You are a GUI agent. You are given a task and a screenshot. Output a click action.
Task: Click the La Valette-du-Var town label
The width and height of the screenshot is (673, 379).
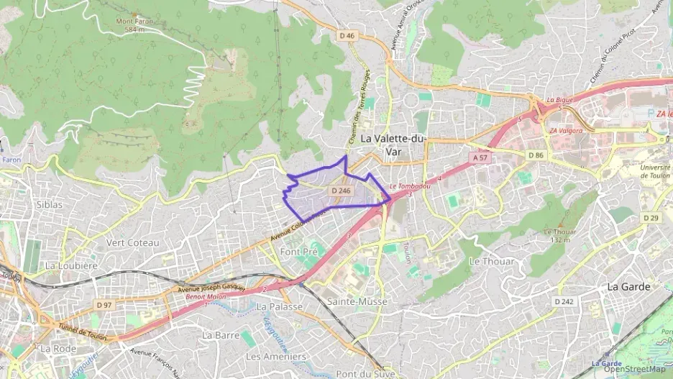[x=393, y=145]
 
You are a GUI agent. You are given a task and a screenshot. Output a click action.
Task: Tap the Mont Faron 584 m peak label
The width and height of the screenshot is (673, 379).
[x=134, y=25]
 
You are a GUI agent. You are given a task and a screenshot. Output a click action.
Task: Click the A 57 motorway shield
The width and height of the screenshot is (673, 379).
[x=480, y=157]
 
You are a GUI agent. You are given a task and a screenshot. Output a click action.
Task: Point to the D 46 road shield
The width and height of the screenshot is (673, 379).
[x=347, y=35]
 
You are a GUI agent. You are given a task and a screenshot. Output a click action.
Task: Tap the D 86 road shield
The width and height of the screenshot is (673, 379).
[x=536, y=155]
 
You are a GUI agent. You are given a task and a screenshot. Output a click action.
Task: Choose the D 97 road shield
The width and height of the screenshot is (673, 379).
[x=104, y=305]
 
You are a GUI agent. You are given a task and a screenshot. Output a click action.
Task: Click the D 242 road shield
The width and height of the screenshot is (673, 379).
[x=564, y=301]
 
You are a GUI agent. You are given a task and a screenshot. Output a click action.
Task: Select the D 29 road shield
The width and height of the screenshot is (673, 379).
[x=650, y=218]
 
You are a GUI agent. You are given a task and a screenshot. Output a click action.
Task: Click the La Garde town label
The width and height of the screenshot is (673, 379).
[x=628, y=286]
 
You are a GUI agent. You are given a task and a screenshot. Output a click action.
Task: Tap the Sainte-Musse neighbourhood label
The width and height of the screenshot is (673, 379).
[x=353, y=301]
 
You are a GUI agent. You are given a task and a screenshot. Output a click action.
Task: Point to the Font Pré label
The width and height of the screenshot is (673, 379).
[x=298, y=252]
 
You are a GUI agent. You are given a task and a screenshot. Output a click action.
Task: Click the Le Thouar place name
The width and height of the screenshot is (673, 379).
[x=491, y=262]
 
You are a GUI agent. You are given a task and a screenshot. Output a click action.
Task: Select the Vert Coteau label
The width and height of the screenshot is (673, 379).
[x=132, y=242]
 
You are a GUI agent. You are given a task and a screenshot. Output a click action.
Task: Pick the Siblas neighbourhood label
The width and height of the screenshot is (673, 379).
[x=49, y=204]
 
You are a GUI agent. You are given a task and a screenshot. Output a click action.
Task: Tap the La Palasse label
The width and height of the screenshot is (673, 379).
[x=279, y=307]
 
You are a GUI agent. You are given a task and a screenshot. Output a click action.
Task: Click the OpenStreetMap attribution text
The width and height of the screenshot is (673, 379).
[x=635, y=369]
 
